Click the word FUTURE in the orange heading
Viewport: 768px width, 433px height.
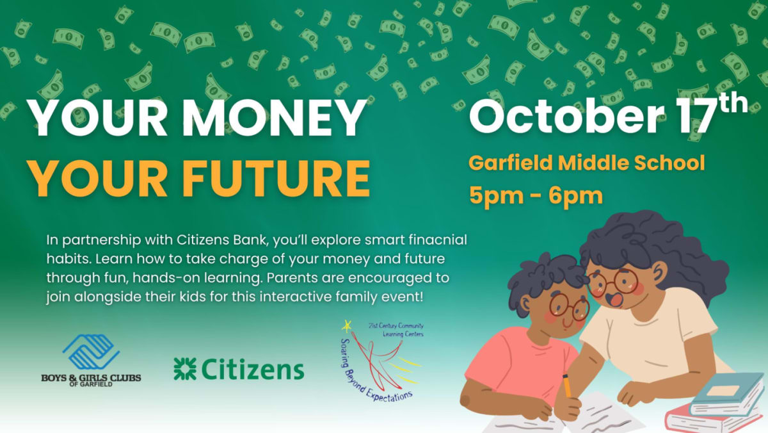pyautogui.click(x=276, y=179)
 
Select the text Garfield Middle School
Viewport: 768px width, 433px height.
pyautogui.click(x=587, y=163)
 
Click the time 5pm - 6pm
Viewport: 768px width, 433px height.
pyautogui.click(x=536, y=195)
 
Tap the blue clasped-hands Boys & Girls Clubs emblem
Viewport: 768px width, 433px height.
pyautogui.click(x=91, y=352)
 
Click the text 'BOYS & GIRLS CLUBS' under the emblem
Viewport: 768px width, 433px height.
pyautogui.click(x=91, y=378)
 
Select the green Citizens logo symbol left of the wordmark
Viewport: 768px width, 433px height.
pyautogui.click(x=185, y=369)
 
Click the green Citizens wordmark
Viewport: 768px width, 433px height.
pyautogui.click(x=253, y=369)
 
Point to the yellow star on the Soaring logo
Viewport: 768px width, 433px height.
pyautogui.click(x=347, y=325)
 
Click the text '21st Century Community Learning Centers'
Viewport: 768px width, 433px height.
pyautogui.click(x=396, y=330)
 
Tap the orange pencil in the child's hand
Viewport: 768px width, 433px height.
pyautogui.click(x=567, y=386)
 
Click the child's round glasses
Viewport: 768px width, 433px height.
pyautogui.click(x=570, y=306)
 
